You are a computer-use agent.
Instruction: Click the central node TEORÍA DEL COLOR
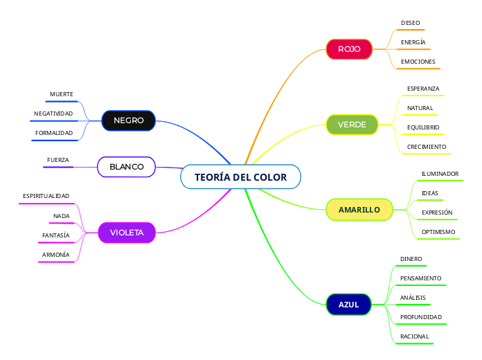240,177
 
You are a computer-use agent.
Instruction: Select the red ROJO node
349,49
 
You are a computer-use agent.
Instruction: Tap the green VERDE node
352,125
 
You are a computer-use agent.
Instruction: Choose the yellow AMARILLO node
359,210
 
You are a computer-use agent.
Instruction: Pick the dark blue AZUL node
348,305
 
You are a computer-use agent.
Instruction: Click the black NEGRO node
128,120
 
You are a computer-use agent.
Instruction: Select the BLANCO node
127,167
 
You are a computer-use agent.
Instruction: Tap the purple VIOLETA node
127,233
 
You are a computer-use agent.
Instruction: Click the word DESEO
410,23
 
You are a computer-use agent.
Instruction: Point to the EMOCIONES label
418,62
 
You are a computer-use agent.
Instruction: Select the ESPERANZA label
422,89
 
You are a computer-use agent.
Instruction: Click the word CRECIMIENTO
426,147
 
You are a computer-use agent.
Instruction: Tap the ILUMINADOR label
440,174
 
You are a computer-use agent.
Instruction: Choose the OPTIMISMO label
438,232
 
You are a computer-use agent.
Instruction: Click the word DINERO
411,259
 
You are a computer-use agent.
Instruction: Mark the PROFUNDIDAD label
420,317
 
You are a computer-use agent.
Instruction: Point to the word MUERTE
62,94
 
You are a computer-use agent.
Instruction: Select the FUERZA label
58,160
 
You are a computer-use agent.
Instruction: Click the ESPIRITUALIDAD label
46,197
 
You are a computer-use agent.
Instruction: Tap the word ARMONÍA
56,255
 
